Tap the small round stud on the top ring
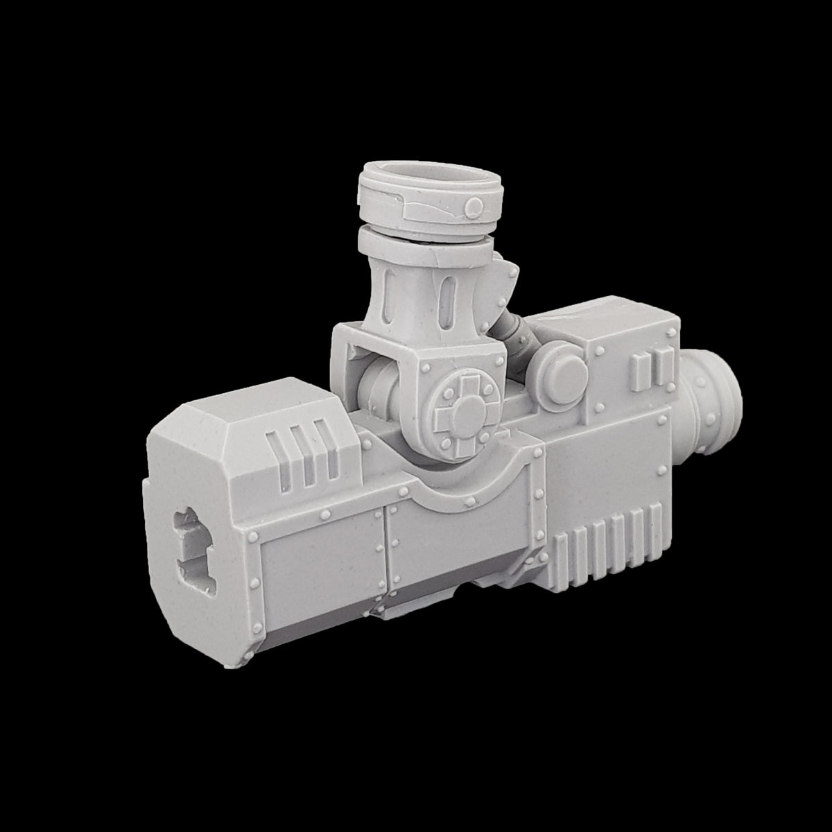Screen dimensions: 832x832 (474, 207)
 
